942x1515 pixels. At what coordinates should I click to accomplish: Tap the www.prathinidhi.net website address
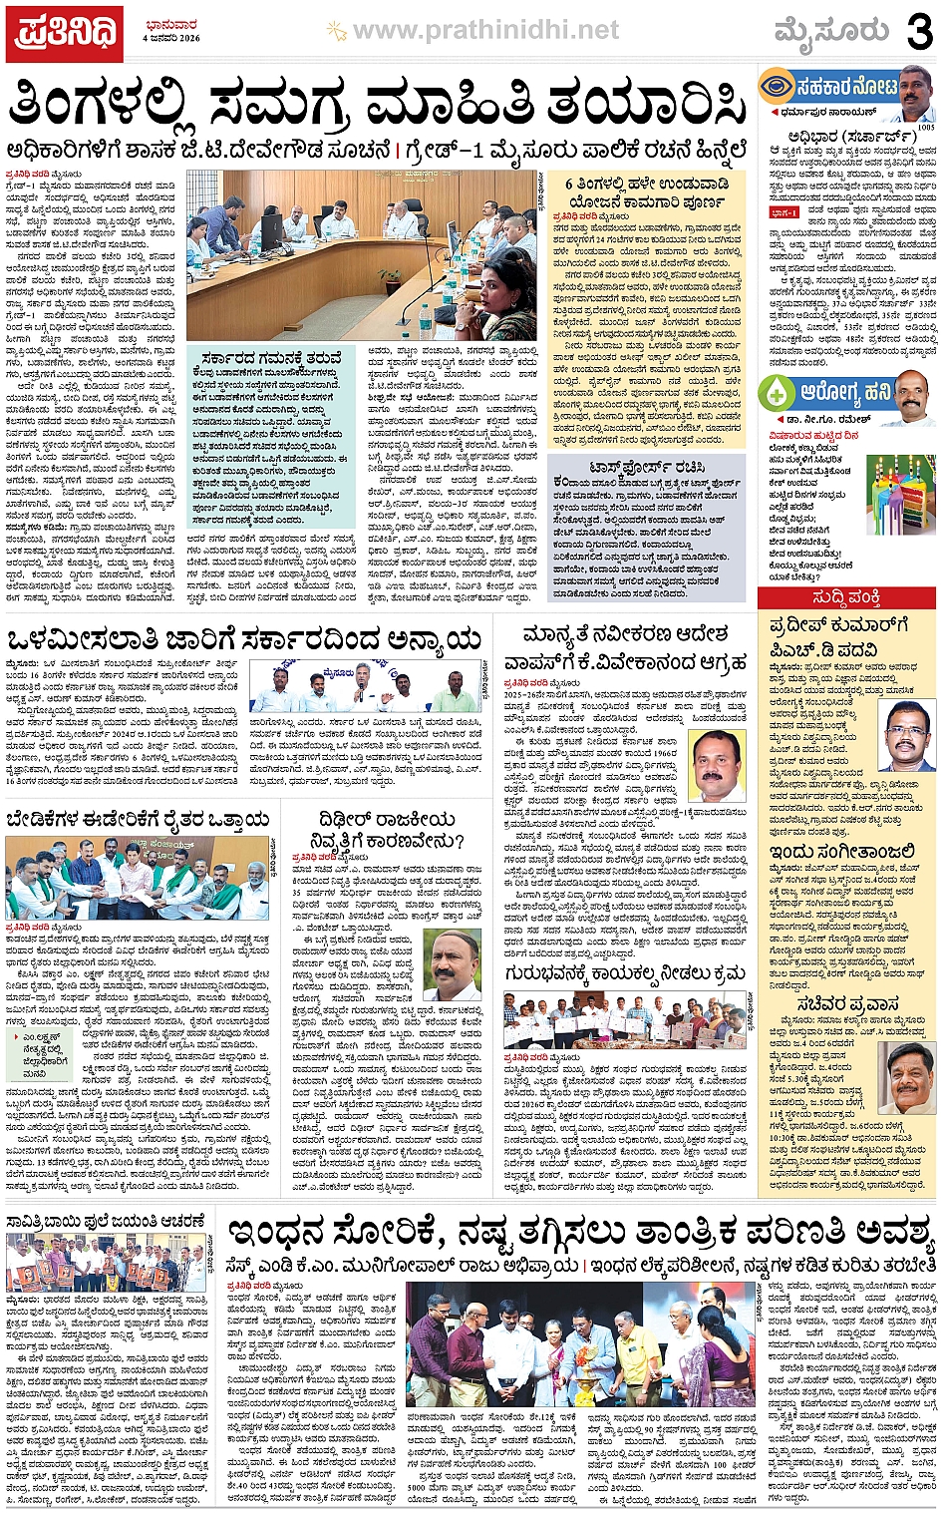pos(485,31)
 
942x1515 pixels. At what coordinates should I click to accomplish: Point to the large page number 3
pos(918,32)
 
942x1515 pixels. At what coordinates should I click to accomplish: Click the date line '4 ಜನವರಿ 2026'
pos(170,38)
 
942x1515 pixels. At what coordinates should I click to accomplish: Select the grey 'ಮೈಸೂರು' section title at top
pos(831,31)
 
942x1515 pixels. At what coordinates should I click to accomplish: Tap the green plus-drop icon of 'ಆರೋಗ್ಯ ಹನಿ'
pos(778,392)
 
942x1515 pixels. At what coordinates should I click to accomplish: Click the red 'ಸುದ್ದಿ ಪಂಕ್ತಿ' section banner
pos(846,597)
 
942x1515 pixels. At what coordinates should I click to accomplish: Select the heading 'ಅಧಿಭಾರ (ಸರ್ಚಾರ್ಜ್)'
pos(838,136)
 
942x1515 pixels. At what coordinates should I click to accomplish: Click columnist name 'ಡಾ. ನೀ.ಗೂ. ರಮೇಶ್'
pos(815,420)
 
